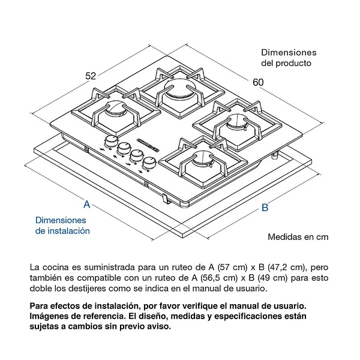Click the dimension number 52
point(91,76)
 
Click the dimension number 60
point(259,82)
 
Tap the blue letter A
point(86,204)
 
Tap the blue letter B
point(265,208)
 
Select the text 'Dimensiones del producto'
point(288,58)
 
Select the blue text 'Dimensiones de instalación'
point(62,225)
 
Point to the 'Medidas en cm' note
point(298,236)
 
